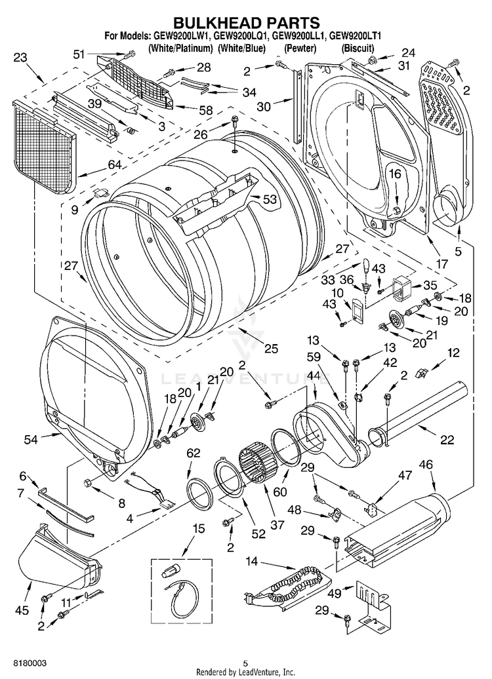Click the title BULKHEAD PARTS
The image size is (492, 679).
[246, 24]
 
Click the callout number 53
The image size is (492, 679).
[270, 200]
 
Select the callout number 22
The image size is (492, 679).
[447, 440]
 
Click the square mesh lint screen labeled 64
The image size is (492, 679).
[44, 149]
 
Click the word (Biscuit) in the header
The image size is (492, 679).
[358, 48]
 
